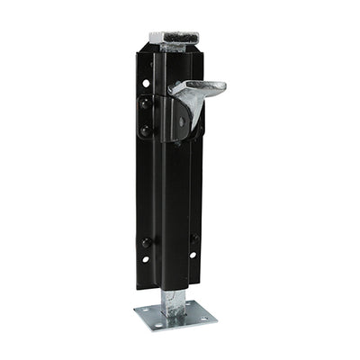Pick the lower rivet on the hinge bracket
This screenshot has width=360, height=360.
click(x=145, y=131)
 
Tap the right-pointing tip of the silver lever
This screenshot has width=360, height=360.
click(x=222, y=86)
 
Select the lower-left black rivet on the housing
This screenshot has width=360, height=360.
click(x=146, y=243)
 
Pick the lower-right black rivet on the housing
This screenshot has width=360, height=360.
click(x=194, y=238)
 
